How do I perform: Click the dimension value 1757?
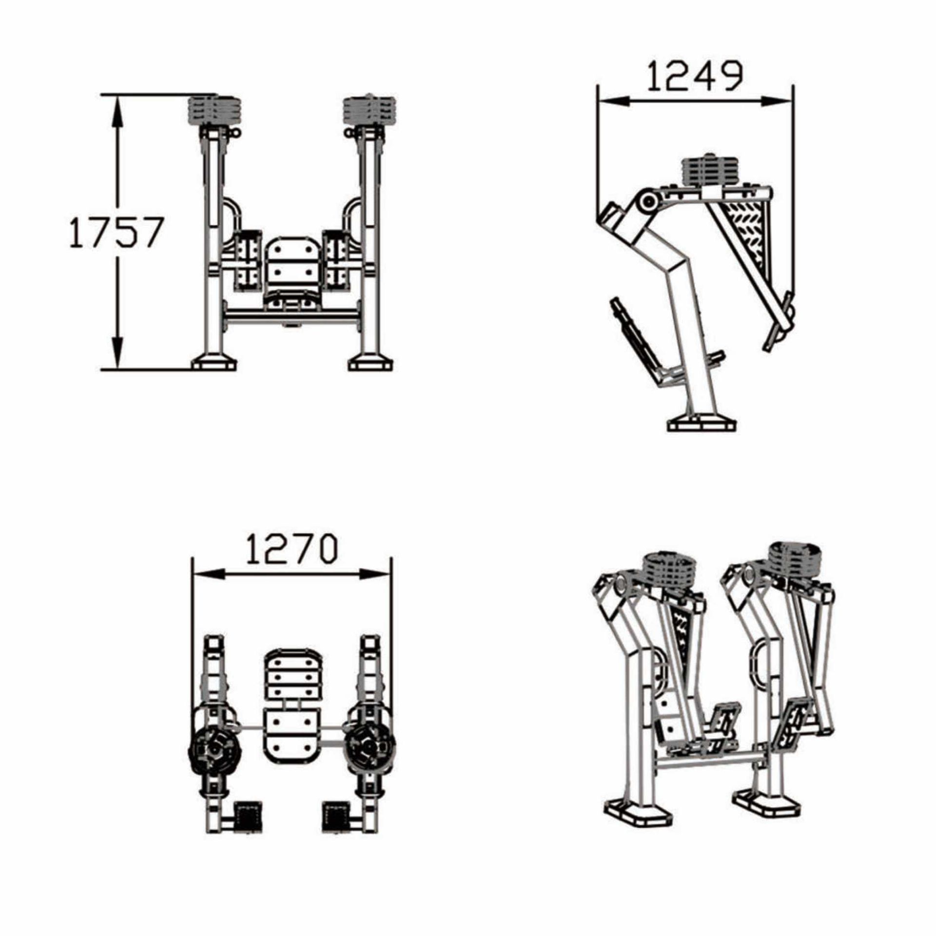click(115, 232)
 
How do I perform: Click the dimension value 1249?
click(694, 77)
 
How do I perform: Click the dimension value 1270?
click(291, 549)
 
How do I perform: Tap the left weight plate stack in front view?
click(214, 111)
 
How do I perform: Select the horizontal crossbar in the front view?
click(292, 318)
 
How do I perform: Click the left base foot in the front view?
click(214, 364)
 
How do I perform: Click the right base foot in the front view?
click(370, 364)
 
